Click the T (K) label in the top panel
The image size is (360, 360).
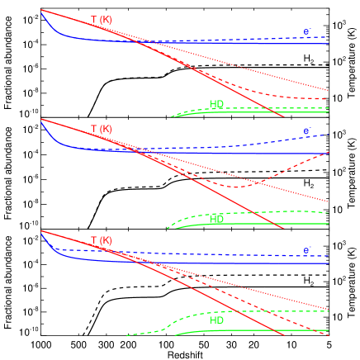coord(101,19)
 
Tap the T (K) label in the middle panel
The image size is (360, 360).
coord(101,130)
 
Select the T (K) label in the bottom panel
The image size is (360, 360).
coord(101,240)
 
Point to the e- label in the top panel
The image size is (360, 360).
coord(307,32)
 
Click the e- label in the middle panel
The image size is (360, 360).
coord(307,130)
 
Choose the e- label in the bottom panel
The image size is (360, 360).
coord(307,250)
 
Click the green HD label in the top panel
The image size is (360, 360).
coord(217,105)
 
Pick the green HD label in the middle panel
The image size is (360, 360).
coord(217,220)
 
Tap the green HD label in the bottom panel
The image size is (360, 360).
coord(217,320)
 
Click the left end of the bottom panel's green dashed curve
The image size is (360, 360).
coord(126,335)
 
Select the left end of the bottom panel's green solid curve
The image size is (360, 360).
coord(175,335)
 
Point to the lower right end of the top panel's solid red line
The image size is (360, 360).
coord(285,116)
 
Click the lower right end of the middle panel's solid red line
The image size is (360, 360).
coord(285,229)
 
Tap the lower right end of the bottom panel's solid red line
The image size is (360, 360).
coord(285,335)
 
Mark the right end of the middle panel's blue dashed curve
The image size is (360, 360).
coord(329,135)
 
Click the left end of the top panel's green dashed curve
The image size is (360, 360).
coord(172,116)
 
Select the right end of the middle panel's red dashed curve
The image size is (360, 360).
coord(329,153)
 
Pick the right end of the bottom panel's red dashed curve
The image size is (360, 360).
coord(329,336)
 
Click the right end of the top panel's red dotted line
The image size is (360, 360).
coord(329,89)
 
